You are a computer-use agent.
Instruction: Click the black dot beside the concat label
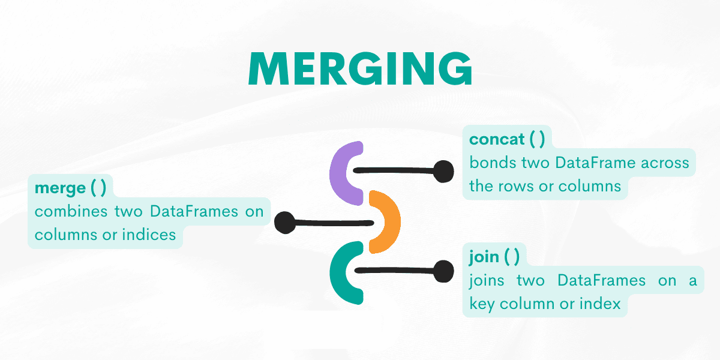click(x=443, y=172)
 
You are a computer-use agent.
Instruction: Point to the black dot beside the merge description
click(x=285, y=223)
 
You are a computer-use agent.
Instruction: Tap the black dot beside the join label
click(x=443, y=271)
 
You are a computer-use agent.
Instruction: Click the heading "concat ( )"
click(x=507, y=139)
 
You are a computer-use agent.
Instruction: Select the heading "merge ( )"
click(x=70, y=188)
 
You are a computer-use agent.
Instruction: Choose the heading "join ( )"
click(x=494, y=257)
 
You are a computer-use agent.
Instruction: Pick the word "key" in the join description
click(x=481, y=304)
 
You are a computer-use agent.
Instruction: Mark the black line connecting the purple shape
click(x=396, y=170)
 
